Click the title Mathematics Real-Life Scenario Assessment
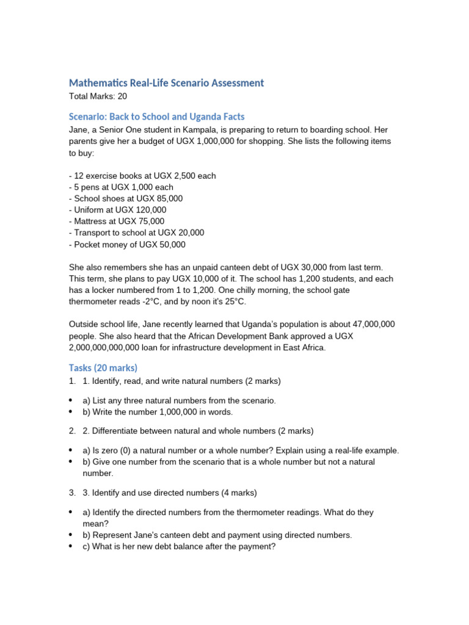coord(166,82)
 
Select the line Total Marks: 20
coord(98,96)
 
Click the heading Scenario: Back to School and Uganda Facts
coord(157,117)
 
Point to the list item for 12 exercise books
coord(142,176)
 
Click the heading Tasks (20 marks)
coord(103,367)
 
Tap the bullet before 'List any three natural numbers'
coord(71,401)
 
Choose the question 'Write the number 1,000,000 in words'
coord(158,412)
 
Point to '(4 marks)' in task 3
coord(236,493)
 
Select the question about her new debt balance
coord(179,547)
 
